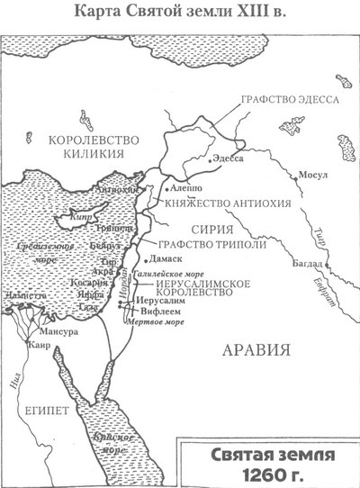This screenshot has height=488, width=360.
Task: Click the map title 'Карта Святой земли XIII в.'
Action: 180,13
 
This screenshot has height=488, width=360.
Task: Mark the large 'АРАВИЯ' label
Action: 258,348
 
